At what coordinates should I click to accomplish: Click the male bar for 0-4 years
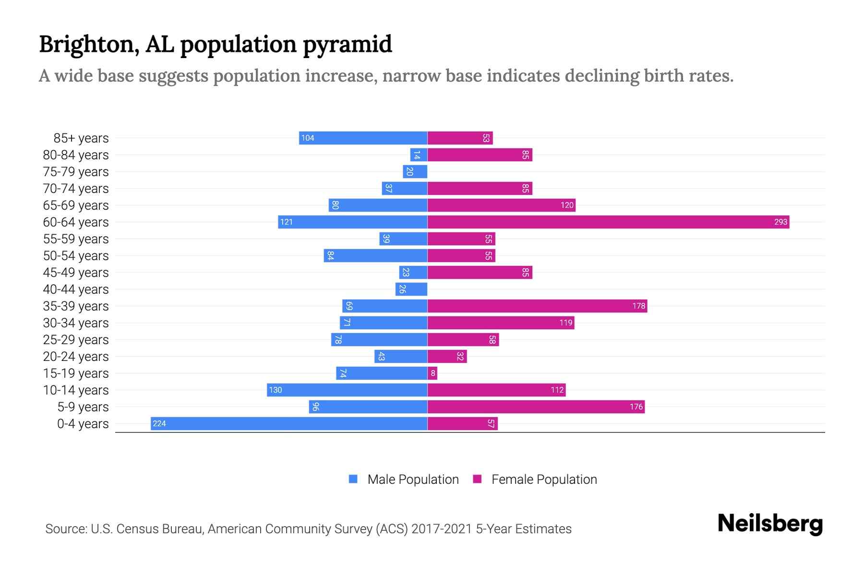click(x=289, y=423)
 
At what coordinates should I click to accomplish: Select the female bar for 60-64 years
click(x=608, y=222)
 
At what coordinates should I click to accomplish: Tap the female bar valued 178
click(x=537, y=306)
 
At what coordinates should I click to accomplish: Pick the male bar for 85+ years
click(x=363, y=138)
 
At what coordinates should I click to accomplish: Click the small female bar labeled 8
click(x=432, y=373)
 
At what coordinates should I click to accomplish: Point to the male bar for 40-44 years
click(x=411, y=289)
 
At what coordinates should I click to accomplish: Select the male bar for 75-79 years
click(x=415, y=171)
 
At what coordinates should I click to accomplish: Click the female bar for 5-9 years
click(x=536, y=407)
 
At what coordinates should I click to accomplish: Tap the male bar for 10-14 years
click(x=347, y=390)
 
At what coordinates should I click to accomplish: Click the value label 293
click(x=780, y=222)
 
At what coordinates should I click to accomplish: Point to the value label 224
click(x=159, y=423)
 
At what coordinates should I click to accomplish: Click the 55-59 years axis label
click(x=76, y=239)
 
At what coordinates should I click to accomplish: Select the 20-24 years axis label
click(x=76, y=356)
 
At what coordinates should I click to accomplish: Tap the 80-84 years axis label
click(x=76, y=155)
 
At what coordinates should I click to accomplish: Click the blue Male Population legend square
click(x=353, y=479)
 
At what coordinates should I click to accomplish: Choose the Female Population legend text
click(x=544, y=479)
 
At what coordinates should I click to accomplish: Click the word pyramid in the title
click(x=348, y=44)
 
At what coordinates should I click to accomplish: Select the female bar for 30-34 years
click(x=501, y=323)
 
